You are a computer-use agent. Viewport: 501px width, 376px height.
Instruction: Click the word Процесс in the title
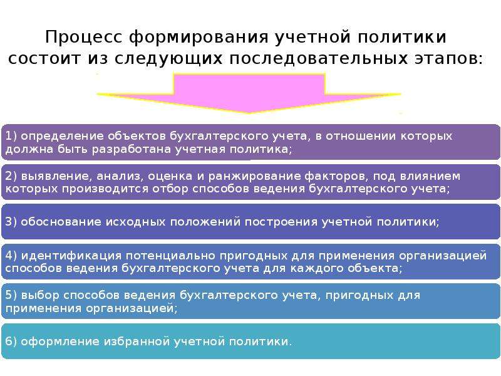pyautogui.click(x=84, y=37)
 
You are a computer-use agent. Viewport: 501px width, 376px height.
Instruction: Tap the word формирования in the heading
pyautogui.click(x=199, y=38)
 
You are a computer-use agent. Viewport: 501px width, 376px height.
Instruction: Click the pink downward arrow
pyautogui.click(x=249, y=93)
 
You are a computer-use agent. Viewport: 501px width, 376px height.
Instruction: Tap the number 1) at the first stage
pyautogui.click(x=11, y=136)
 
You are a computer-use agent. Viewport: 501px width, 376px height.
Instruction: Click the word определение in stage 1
pyautogui.click(x=62, y=137)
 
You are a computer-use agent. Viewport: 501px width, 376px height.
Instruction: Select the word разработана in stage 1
pyautogui.click(x=132, y=150)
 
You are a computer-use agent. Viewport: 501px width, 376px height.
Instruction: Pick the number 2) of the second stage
pyautogui.click(x=11, y=176)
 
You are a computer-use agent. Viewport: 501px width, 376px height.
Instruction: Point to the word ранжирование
pyautogui.click(x=254, y=177)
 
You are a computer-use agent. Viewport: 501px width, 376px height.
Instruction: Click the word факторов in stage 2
pyautogui.click(x=336, y=176)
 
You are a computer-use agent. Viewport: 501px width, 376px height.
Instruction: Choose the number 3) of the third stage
pyautogui.click(x=11, y=222)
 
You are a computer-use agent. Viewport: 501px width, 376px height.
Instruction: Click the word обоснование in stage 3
pyautogui.click(x=61, y=222)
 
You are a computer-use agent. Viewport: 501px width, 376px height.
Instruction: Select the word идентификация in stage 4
pyautogui.click(x=71, y=256)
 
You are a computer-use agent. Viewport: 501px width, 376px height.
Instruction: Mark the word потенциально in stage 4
pyautogui.click(x=170, y=256)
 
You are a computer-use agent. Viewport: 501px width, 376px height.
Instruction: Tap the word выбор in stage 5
pyautogui.click(x=40, y=295)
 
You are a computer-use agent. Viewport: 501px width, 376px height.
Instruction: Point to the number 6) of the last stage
pyautogui.click(x=11, y=342)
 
